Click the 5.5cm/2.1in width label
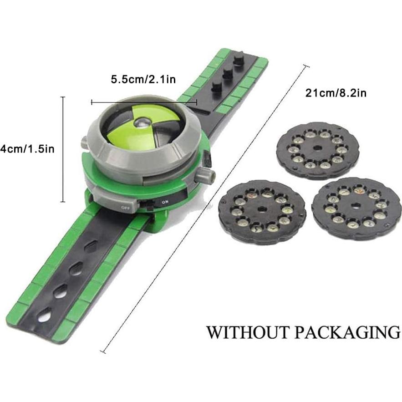point(143,79)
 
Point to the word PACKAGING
point(347,331)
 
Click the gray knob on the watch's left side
point(86,143)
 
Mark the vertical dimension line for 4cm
point(63,149)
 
